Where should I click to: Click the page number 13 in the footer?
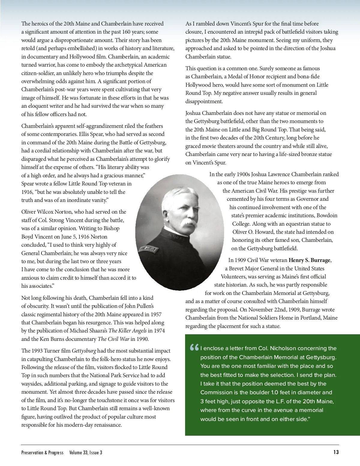point(336,452)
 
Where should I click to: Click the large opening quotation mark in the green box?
point(194,348)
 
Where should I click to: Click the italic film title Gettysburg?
point(84,351)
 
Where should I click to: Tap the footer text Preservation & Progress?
point(42,452)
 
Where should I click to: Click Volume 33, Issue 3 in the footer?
point(85,452)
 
